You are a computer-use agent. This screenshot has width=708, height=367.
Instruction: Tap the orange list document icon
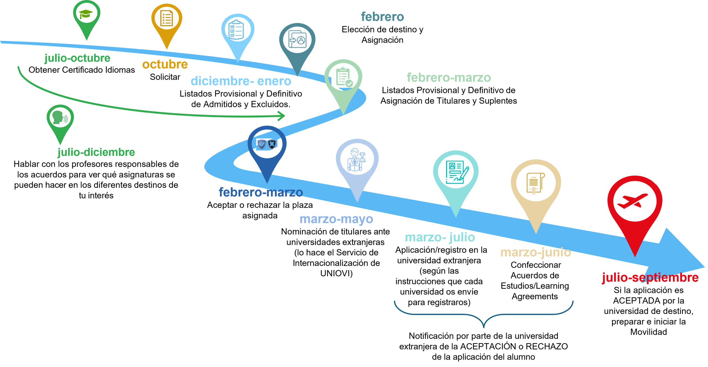click(x=166, y=18)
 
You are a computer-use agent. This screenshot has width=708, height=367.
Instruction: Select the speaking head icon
click(x=60, y=117)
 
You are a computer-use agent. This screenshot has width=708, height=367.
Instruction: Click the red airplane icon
click(x=632, y=201)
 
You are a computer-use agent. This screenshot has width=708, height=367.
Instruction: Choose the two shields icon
click(x=267, y=144)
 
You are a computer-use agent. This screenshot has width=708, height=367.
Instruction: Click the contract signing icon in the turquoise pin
click(x=457, y=172)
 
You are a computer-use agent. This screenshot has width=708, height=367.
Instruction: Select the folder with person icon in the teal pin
click(x=297, y=40)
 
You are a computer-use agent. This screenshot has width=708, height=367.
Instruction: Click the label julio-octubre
click(x=77, y=58)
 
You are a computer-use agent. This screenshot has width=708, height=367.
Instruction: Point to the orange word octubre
click(x=165, y=64)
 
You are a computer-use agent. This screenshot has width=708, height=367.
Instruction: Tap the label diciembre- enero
click(x=241, y=81)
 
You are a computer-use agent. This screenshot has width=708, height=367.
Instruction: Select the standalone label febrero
click(x=382, y=17)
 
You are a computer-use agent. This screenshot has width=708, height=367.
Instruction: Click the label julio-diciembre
click(x=96, y=152)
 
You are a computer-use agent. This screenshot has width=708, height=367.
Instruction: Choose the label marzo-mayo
click(x=336, y=219)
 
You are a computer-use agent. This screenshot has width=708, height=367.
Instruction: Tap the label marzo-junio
click(x=536, y=253)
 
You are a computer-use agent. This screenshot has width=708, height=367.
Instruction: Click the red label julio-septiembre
click(x=650, y=278)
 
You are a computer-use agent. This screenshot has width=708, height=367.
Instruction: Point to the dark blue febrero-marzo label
click(x=261, y=192)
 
